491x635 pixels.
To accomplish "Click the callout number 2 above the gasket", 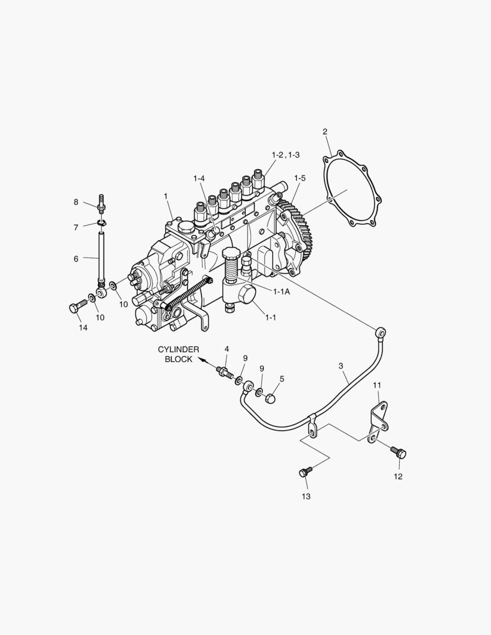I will click(x=325, y=131).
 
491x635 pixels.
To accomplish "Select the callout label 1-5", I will click(x=299, y=178).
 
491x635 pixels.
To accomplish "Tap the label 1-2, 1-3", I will click(x=285, y=154).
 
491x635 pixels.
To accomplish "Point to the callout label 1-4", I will click(x=199, y=178).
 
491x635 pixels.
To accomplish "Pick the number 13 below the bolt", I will click(x=306, y=496).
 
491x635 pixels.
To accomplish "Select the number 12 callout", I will click(x=398, y=476).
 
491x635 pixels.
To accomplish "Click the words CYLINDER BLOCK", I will click(x=178, y=354).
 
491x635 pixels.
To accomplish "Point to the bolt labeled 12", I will click(x=398, y=452).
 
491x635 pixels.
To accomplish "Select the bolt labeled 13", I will click(x=305, y=472).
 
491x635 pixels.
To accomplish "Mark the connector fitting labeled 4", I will click(x=224, y=372).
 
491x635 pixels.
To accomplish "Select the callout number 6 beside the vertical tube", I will click(x=76, y=258).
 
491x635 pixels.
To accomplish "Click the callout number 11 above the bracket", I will click(x=378, y=385).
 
